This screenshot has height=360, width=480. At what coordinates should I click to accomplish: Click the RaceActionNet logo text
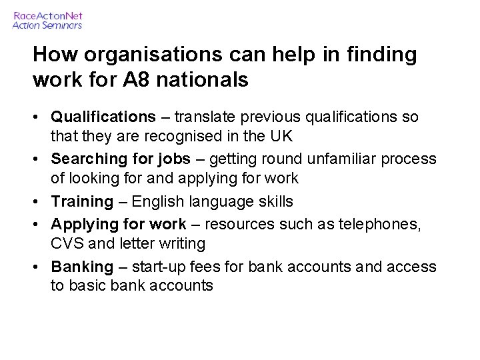pyautogui.click(x=48, y=15)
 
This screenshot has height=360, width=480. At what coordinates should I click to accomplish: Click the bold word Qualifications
pyautogui.click(x=103, y=117)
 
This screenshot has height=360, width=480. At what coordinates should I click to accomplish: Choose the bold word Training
pyautogui.click(x=82, y=201)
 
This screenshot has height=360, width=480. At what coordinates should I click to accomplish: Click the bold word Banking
pyautogui.click(x=82, y=267)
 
